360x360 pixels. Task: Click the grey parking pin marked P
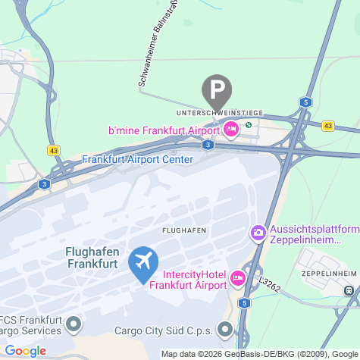(217, 90)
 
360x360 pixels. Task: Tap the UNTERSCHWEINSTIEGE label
(219, 113)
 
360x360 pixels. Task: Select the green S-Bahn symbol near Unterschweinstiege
(248, 125)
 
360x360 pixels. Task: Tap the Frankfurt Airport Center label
(137, 159)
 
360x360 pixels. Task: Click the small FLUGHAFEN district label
(185, 229)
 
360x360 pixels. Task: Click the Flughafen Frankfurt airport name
(92, 258)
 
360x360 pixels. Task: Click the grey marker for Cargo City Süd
(225, 330)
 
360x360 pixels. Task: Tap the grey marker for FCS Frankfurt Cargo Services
(73, 325)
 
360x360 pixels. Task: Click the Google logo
(25, 351)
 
